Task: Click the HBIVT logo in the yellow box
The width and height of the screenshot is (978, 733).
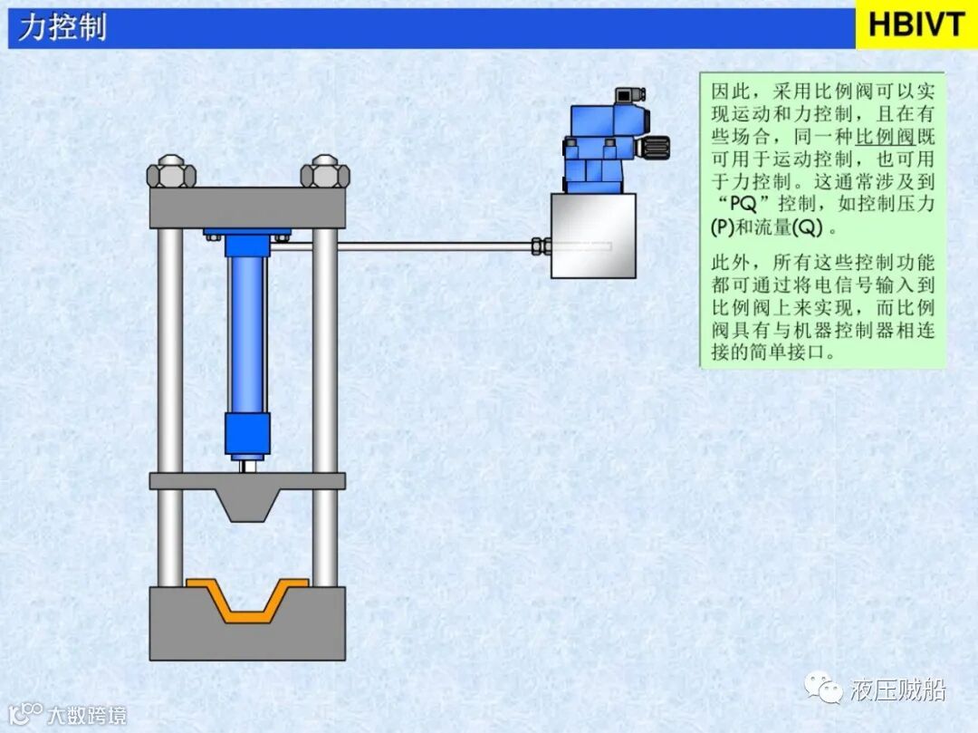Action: click(916, 24)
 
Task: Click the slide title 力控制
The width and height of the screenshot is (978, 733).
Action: click(62, 27)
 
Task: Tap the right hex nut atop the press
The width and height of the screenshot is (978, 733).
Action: click(323, 172)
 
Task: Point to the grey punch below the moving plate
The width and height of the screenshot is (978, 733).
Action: click(247, 505)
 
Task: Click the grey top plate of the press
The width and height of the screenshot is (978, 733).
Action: click(247, 207)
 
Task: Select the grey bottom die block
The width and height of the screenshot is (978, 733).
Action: click(247, 634)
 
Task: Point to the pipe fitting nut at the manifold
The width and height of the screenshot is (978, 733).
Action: click(541, 246)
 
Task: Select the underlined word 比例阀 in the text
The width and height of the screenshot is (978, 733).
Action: click(885, 138)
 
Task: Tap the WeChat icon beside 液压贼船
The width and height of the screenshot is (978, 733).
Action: click(825, 690)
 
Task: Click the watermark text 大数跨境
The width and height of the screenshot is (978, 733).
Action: click(86, 715)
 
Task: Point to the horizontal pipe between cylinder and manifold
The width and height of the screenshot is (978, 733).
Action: click(407, 246)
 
